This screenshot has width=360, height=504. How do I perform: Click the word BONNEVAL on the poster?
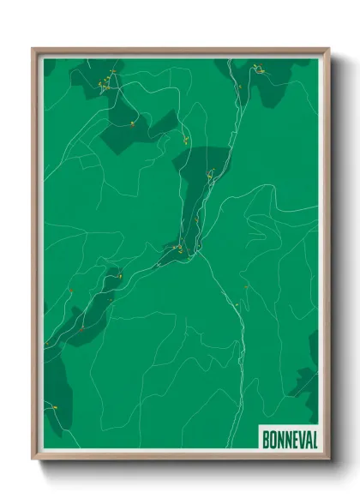pyautogui.click(x=287, y=438)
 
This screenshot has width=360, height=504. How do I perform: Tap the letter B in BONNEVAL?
pyautogui.click(x=264, y=438)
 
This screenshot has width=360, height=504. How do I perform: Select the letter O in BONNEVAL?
pyautogui.click(x=271, y=438)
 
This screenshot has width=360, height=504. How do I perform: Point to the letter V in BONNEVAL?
pyautogui.click(x=299, y=438)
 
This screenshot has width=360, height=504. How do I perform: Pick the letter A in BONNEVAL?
pyautogui.click(x=306, y=438)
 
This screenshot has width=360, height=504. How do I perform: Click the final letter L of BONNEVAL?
pyautogui.click(x=313, y=438)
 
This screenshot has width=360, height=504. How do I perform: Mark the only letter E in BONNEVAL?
pyautogui.click(x=292, y=438)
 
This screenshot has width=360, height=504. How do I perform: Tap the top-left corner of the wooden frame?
pyautogui.click(x=33, y=49)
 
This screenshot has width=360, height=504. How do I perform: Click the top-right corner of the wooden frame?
pyautogui.click(x=328, y=49)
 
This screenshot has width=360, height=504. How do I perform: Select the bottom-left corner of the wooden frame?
pyautogui.click(x=33, y=459)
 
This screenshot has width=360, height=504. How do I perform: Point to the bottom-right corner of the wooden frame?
pyautogui.click(x=328, y=459)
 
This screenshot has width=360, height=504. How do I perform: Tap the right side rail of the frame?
pyautogui.click(x=327, y=257)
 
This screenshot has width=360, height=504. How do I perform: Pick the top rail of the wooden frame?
pyautogui.click(x=180, y=50)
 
